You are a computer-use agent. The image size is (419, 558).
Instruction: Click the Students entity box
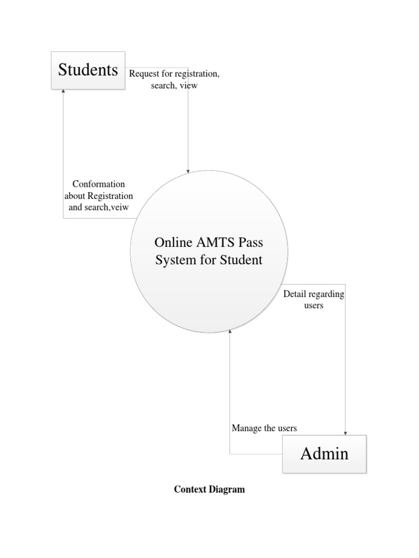click(x=88, y=70)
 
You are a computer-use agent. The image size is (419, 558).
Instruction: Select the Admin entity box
click(x=324, y=454)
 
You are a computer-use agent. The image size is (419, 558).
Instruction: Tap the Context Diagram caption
click(x=209, y=489)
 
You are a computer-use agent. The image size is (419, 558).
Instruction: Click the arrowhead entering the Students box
click(x=63, y=91)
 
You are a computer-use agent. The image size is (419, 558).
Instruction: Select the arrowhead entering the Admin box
click(x=345, y=433)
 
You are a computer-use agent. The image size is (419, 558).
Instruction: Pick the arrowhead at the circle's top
click(x=188, y=172)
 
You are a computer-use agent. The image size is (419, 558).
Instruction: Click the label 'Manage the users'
click(x=265, y=428)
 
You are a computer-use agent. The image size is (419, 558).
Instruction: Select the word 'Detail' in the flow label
click(x=295, y=294)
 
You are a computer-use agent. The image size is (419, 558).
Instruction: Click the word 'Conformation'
click(x=99, y=184)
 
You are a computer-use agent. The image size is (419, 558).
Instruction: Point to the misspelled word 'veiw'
click(x=119, y=207)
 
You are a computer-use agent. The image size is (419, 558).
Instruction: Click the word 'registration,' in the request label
click(x=197, y=74)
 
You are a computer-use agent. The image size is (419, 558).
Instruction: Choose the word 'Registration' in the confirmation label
click(x=110, y=196)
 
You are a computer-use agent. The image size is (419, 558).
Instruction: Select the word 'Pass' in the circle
click(x=251, y=242)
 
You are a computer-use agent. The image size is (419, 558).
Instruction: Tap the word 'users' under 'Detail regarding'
click(x=314, y=306)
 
